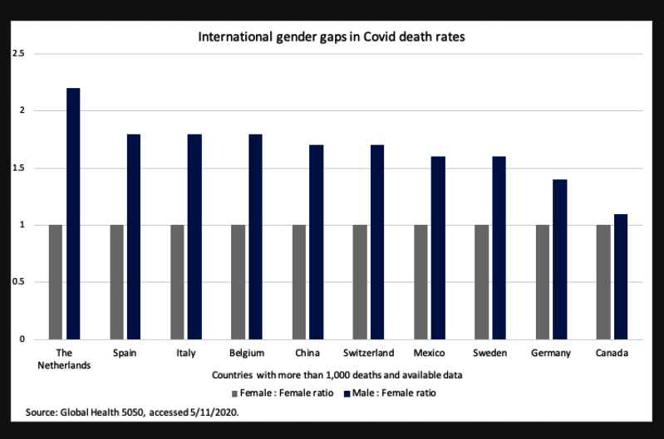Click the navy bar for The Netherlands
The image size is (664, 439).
pyautogui.click(x=73, y=213)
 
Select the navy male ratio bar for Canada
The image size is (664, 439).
pyautogui.click(x=621, y=276)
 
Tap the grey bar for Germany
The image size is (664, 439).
pyautogui.click(x=543, y=281)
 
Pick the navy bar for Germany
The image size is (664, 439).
pyautogui.click(x=559, y=259)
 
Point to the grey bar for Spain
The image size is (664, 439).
pyautogui.click(x=116, y=281)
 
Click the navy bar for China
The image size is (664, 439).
pyautogui.click(x=317, y=241)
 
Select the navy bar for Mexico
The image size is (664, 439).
pyautogui.click(x=438, y=247)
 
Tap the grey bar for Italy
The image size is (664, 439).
pyautogui.click(x=177, y=281)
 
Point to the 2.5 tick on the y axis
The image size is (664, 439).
pyautogui.click(x=18, y=54)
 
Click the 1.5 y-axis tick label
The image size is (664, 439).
pyautogui.click(x=18, y=168)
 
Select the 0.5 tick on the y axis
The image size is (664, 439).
pyautogui.click(x=18, y=282)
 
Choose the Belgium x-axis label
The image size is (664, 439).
pyautogui.click(x=247, y=354)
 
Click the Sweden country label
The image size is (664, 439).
pyautogui.click(x=489, y=354)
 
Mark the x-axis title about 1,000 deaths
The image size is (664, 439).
pyautogui.click(x=337, y=375)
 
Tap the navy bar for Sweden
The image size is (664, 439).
pyautogui.click(x=499, y=247)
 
